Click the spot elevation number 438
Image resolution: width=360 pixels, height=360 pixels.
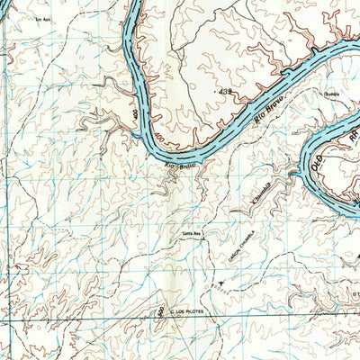tap(227, 92)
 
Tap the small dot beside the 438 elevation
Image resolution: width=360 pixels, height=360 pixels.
tap(218, 92)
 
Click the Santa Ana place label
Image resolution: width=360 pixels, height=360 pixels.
tap(192, 234)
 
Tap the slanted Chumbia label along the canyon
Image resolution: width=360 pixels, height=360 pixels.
tap(262, 194)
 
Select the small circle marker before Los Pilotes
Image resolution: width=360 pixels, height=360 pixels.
tap(170, 311)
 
